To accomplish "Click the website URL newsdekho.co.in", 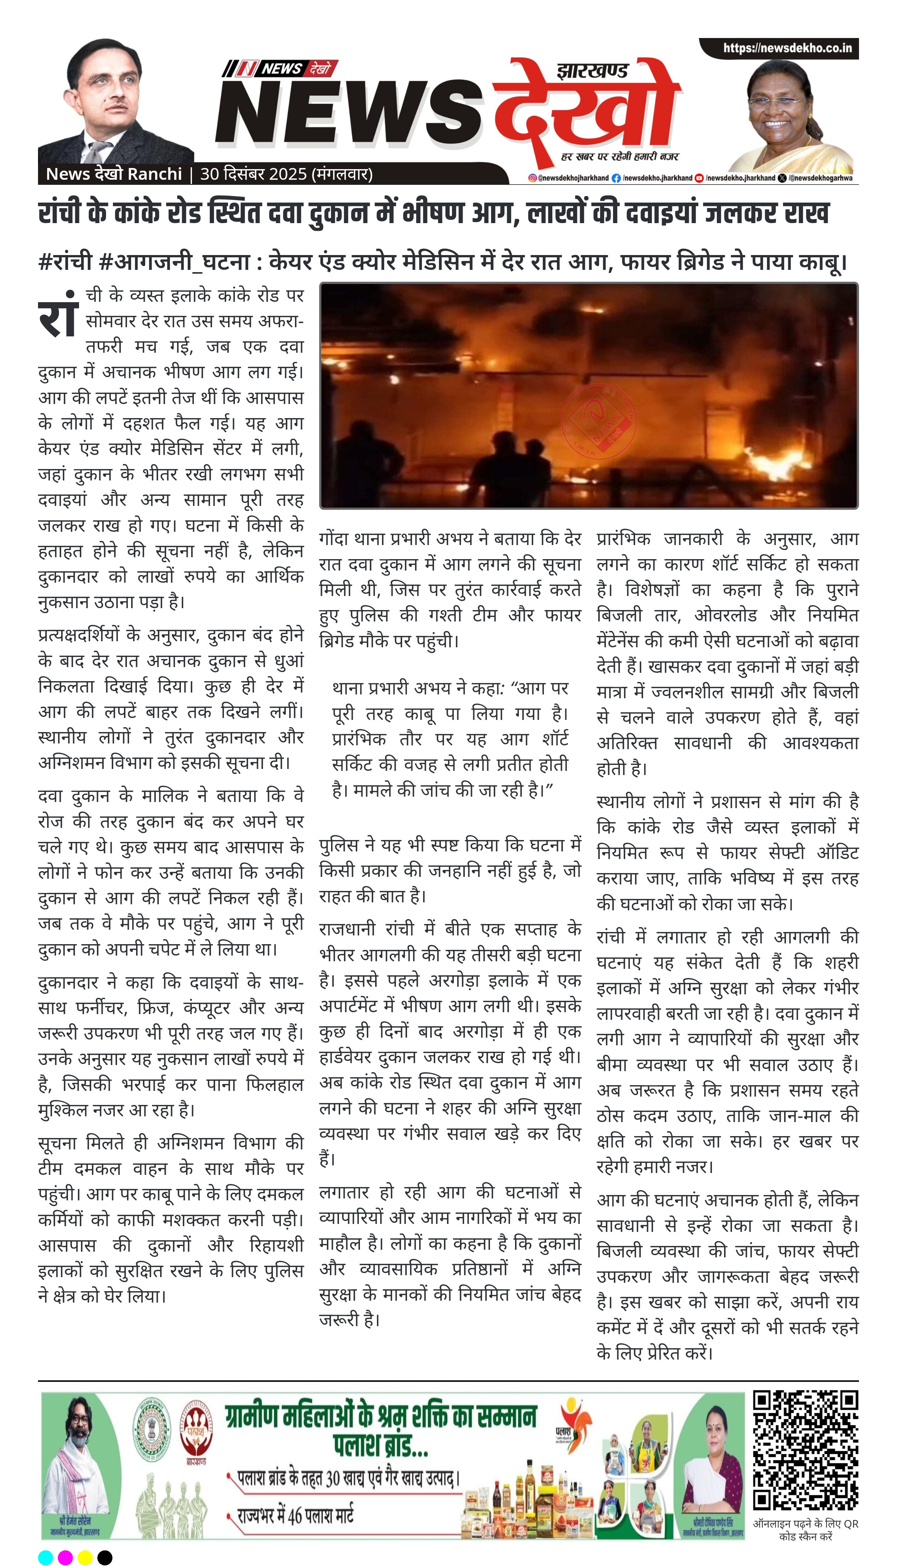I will click(x=787, y=48).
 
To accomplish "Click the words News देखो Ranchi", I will click(x=114, y=174).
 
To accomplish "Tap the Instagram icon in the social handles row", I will click(x=532, y=178).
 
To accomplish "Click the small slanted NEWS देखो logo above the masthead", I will click(x=281, y=68).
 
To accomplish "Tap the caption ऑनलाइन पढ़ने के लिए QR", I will click(x=805, y=1523).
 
